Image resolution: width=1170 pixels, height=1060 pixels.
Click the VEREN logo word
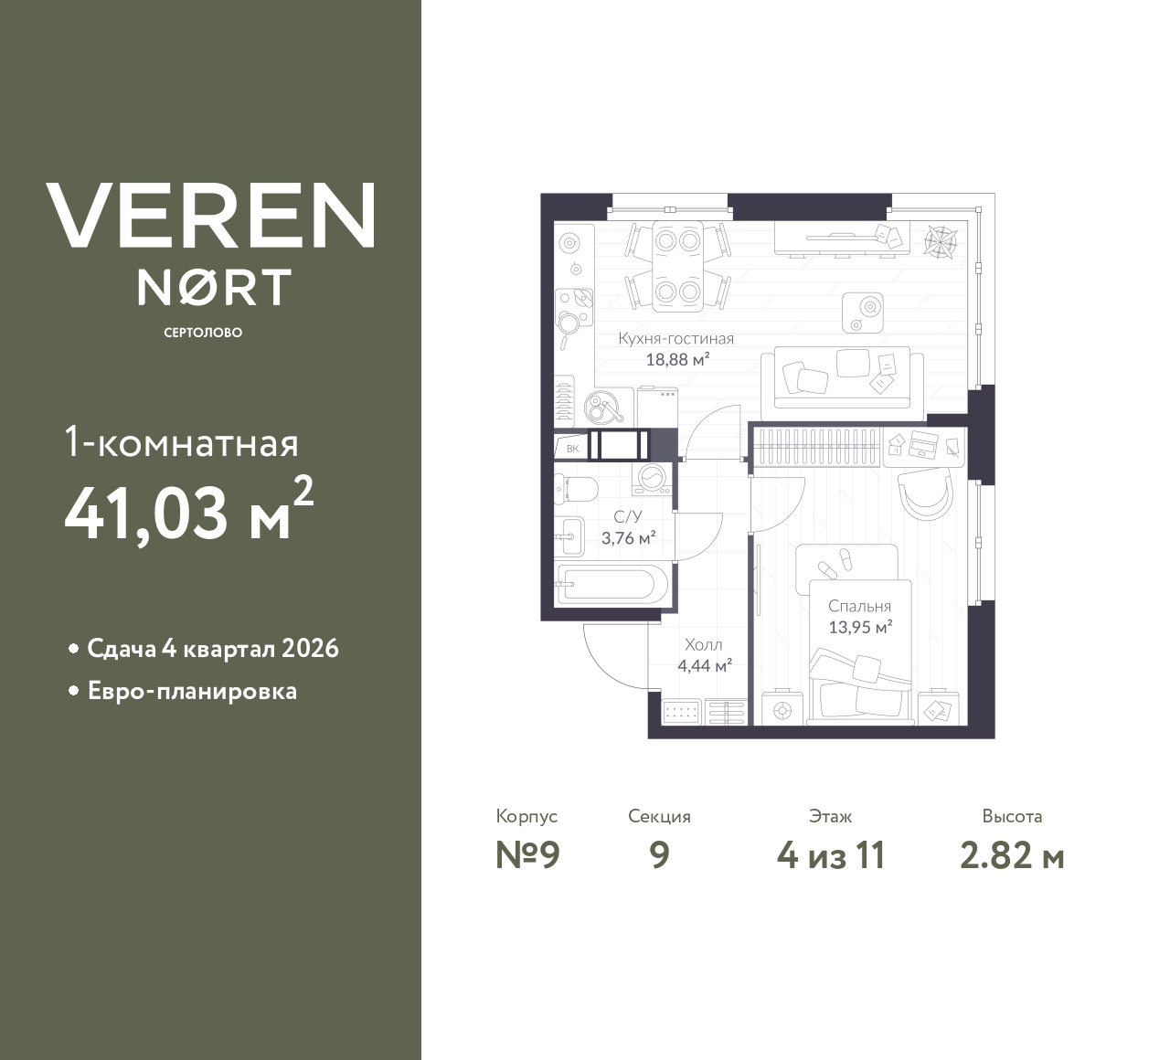coord(210,216)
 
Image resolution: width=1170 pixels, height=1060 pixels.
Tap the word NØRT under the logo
coord(214,287)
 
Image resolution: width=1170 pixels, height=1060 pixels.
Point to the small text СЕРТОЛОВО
coord(203,333)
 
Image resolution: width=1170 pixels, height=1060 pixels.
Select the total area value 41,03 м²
coord(189,512)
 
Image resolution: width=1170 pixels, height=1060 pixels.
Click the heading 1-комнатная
coord(182,444)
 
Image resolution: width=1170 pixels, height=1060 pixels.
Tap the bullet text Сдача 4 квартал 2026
coord(212,649)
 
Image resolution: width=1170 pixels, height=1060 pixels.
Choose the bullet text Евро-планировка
coord(192,691)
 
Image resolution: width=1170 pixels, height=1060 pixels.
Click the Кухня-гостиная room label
coord(675,339)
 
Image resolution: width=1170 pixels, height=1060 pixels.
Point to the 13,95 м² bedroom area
coord(859,628)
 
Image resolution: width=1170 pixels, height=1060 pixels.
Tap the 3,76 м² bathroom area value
coord(628,538)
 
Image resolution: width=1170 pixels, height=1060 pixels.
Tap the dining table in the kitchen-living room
coord(677,265)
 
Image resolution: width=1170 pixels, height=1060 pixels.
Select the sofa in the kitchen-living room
coord(835,376)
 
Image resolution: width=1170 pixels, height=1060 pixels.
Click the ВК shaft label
coord(572,448)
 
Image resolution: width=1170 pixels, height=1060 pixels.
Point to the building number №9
coord(526,855)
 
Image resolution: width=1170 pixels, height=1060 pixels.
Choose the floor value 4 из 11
coord(830,855)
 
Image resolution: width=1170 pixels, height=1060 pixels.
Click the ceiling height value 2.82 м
coord(1012,855)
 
